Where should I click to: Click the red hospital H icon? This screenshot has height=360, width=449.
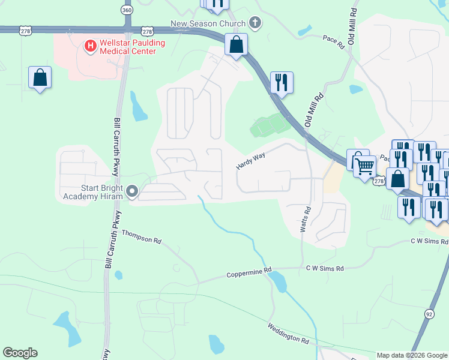(90, 45)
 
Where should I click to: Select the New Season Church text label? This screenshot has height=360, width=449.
(208, 23)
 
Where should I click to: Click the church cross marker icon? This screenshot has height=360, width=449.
(255, 23)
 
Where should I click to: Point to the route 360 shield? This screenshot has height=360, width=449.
(127, 10)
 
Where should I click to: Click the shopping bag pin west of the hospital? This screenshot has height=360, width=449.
(40, 78)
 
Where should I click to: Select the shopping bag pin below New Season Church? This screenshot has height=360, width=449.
(237, 45)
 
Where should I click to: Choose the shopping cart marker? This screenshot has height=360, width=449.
(365, 166)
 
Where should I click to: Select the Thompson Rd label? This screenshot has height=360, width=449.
(142, 236)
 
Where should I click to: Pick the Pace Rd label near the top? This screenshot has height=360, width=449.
(334, 41)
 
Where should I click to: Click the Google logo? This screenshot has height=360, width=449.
(20, 353)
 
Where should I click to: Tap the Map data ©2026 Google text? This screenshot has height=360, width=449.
(412, 355)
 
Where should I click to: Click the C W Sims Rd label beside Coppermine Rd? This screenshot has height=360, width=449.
(324, 269)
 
